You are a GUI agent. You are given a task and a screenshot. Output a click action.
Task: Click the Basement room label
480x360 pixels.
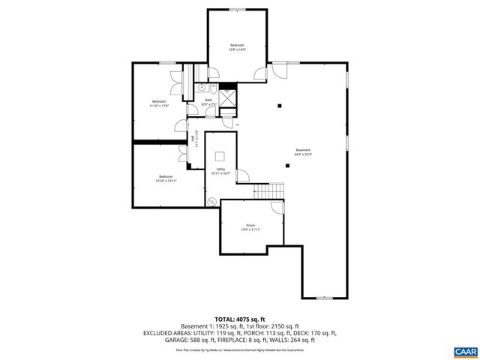tap(303, 151)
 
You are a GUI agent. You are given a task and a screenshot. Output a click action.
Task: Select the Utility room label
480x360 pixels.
tap(221, 171)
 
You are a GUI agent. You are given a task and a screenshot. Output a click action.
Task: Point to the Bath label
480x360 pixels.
tap(208, 102)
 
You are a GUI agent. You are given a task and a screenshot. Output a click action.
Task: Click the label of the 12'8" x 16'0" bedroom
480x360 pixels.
tap(238, 47)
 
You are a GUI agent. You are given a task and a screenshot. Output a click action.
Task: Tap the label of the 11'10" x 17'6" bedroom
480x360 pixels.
tap(159, 103)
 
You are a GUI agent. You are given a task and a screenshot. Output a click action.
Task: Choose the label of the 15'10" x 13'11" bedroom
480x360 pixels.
tap(165, 178)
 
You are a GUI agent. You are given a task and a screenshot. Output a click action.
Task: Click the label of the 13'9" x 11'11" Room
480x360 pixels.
tap(250, 227)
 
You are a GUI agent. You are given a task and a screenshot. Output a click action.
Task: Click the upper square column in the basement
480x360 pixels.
tap(278, 106)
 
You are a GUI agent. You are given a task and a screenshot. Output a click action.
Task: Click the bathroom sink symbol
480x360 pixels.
tap(202, 88)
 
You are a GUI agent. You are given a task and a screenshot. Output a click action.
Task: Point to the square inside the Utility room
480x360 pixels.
tap(220, 157)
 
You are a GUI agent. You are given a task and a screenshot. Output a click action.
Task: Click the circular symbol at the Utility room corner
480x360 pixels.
tap(211, 201)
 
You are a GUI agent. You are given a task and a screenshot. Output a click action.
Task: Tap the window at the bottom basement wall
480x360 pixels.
tap(324, 298)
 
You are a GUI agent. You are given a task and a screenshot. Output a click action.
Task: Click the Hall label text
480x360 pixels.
tap(193, 139)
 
